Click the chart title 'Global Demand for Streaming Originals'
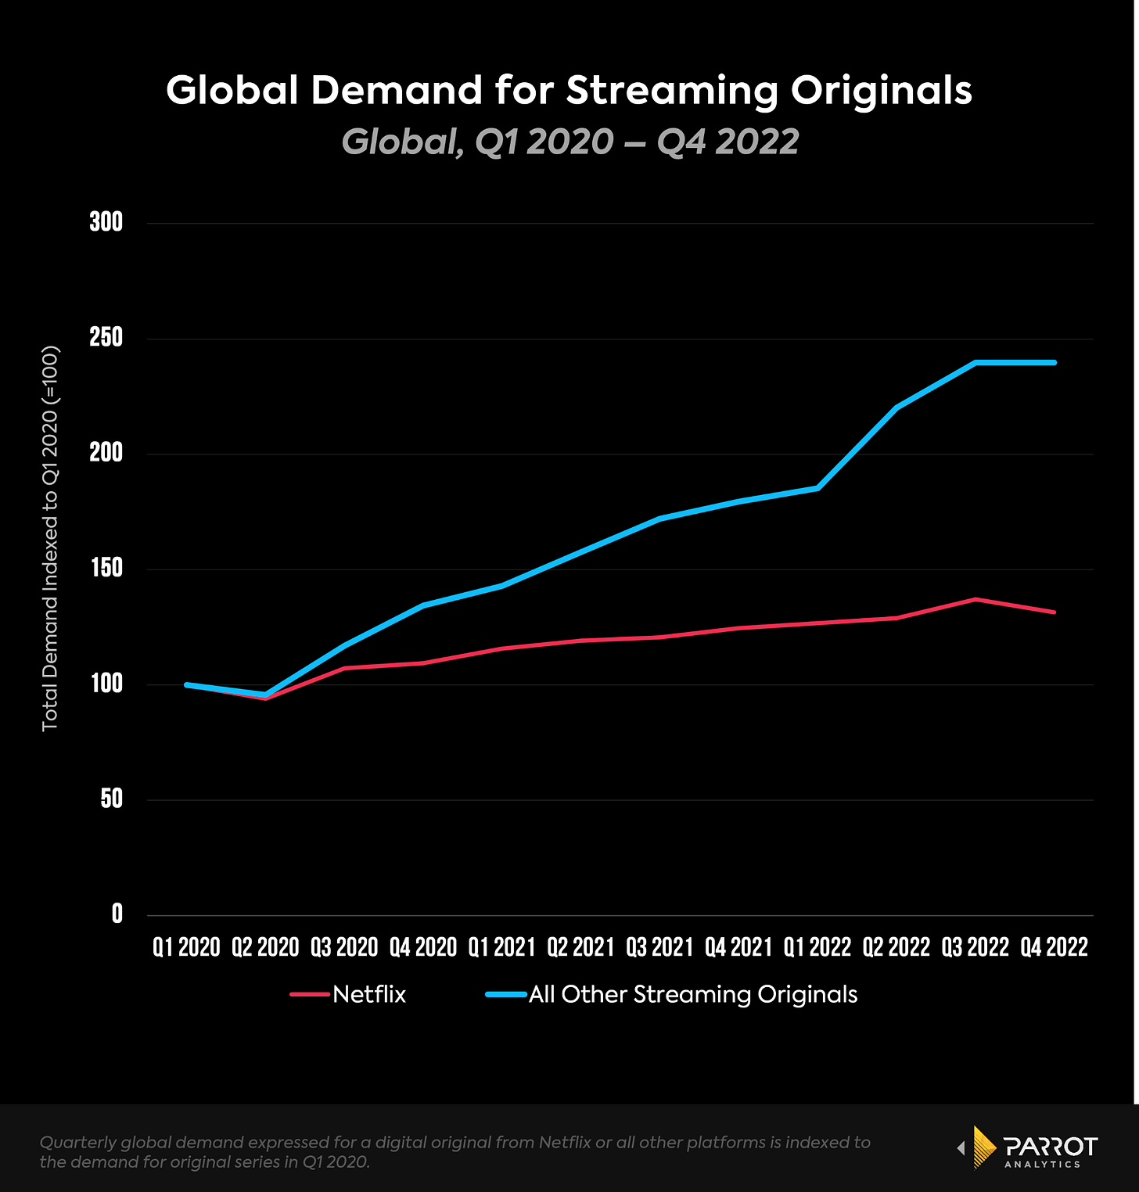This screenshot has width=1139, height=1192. coord(569,91)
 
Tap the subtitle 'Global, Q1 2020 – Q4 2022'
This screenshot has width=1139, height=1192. coord(569,142)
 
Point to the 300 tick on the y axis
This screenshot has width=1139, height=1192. coord(106,222)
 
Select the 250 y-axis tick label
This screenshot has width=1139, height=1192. coord(106,338)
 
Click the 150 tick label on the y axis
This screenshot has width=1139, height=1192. coord(106,569)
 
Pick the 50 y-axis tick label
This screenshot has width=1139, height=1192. coord(112,799)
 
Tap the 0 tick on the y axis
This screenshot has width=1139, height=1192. coord(117,914)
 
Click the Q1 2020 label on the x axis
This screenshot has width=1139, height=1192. coord(186,947)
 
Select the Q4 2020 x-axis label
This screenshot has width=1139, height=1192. coord(423,947)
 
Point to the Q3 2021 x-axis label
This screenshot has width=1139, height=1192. coord(659,947)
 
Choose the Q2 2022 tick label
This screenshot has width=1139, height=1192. coord(896,947)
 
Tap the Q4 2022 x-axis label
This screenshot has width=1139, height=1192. coord(1054,947)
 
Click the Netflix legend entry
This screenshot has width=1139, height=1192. coord(368,994)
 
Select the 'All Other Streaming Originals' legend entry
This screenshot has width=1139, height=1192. coord(692,994)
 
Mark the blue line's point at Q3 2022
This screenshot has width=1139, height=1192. coord(976,362)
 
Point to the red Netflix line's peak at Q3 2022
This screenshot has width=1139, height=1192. coord(976,599)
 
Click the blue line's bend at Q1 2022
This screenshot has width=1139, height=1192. coord(817,488)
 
